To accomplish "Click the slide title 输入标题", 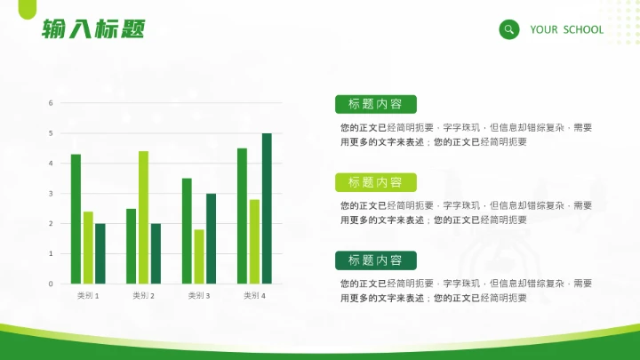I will point(92,29).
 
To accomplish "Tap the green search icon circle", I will point(509,29).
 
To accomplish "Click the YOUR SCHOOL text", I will point(566,29).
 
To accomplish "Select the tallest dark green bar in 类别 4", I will point(267,209).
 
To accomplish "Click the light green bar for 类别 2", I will point(143,218).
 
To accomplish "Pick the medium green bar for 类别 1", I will point(76,220).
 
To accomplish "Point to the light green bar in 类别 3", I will point(199,257).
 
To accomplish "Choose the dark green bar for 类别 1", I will point(100,253).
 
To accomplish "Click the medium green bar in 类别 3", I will point(187,231).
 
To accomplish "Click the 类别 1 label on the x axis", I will point(88,295).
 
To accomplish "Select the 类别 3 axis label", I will point(199,295).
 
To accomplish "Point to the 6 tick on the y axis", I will point(51,103).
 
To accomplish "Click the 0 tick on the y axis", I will point(51,284).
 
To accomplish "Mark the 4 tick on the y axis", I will point(51,164).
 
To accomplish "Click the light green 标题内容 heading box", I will point(375,182).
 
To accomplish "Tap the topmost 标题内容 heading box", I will point(375,104).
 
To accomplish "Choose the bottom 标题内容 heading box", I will point(375,260).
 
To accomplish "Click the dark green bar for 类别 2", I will point(156,253).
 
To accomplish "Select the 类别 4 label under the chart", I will point(254,295).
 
